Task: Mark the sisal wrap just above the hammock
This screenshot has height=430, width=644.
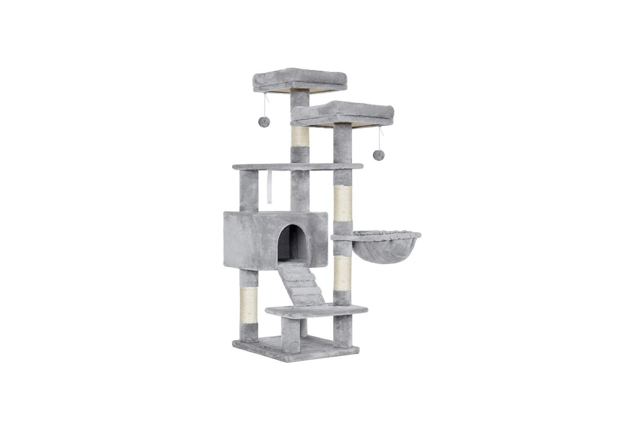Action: (343, 206)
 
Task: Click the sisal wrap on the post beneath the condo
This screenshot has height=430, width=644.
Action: (249, 303)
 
